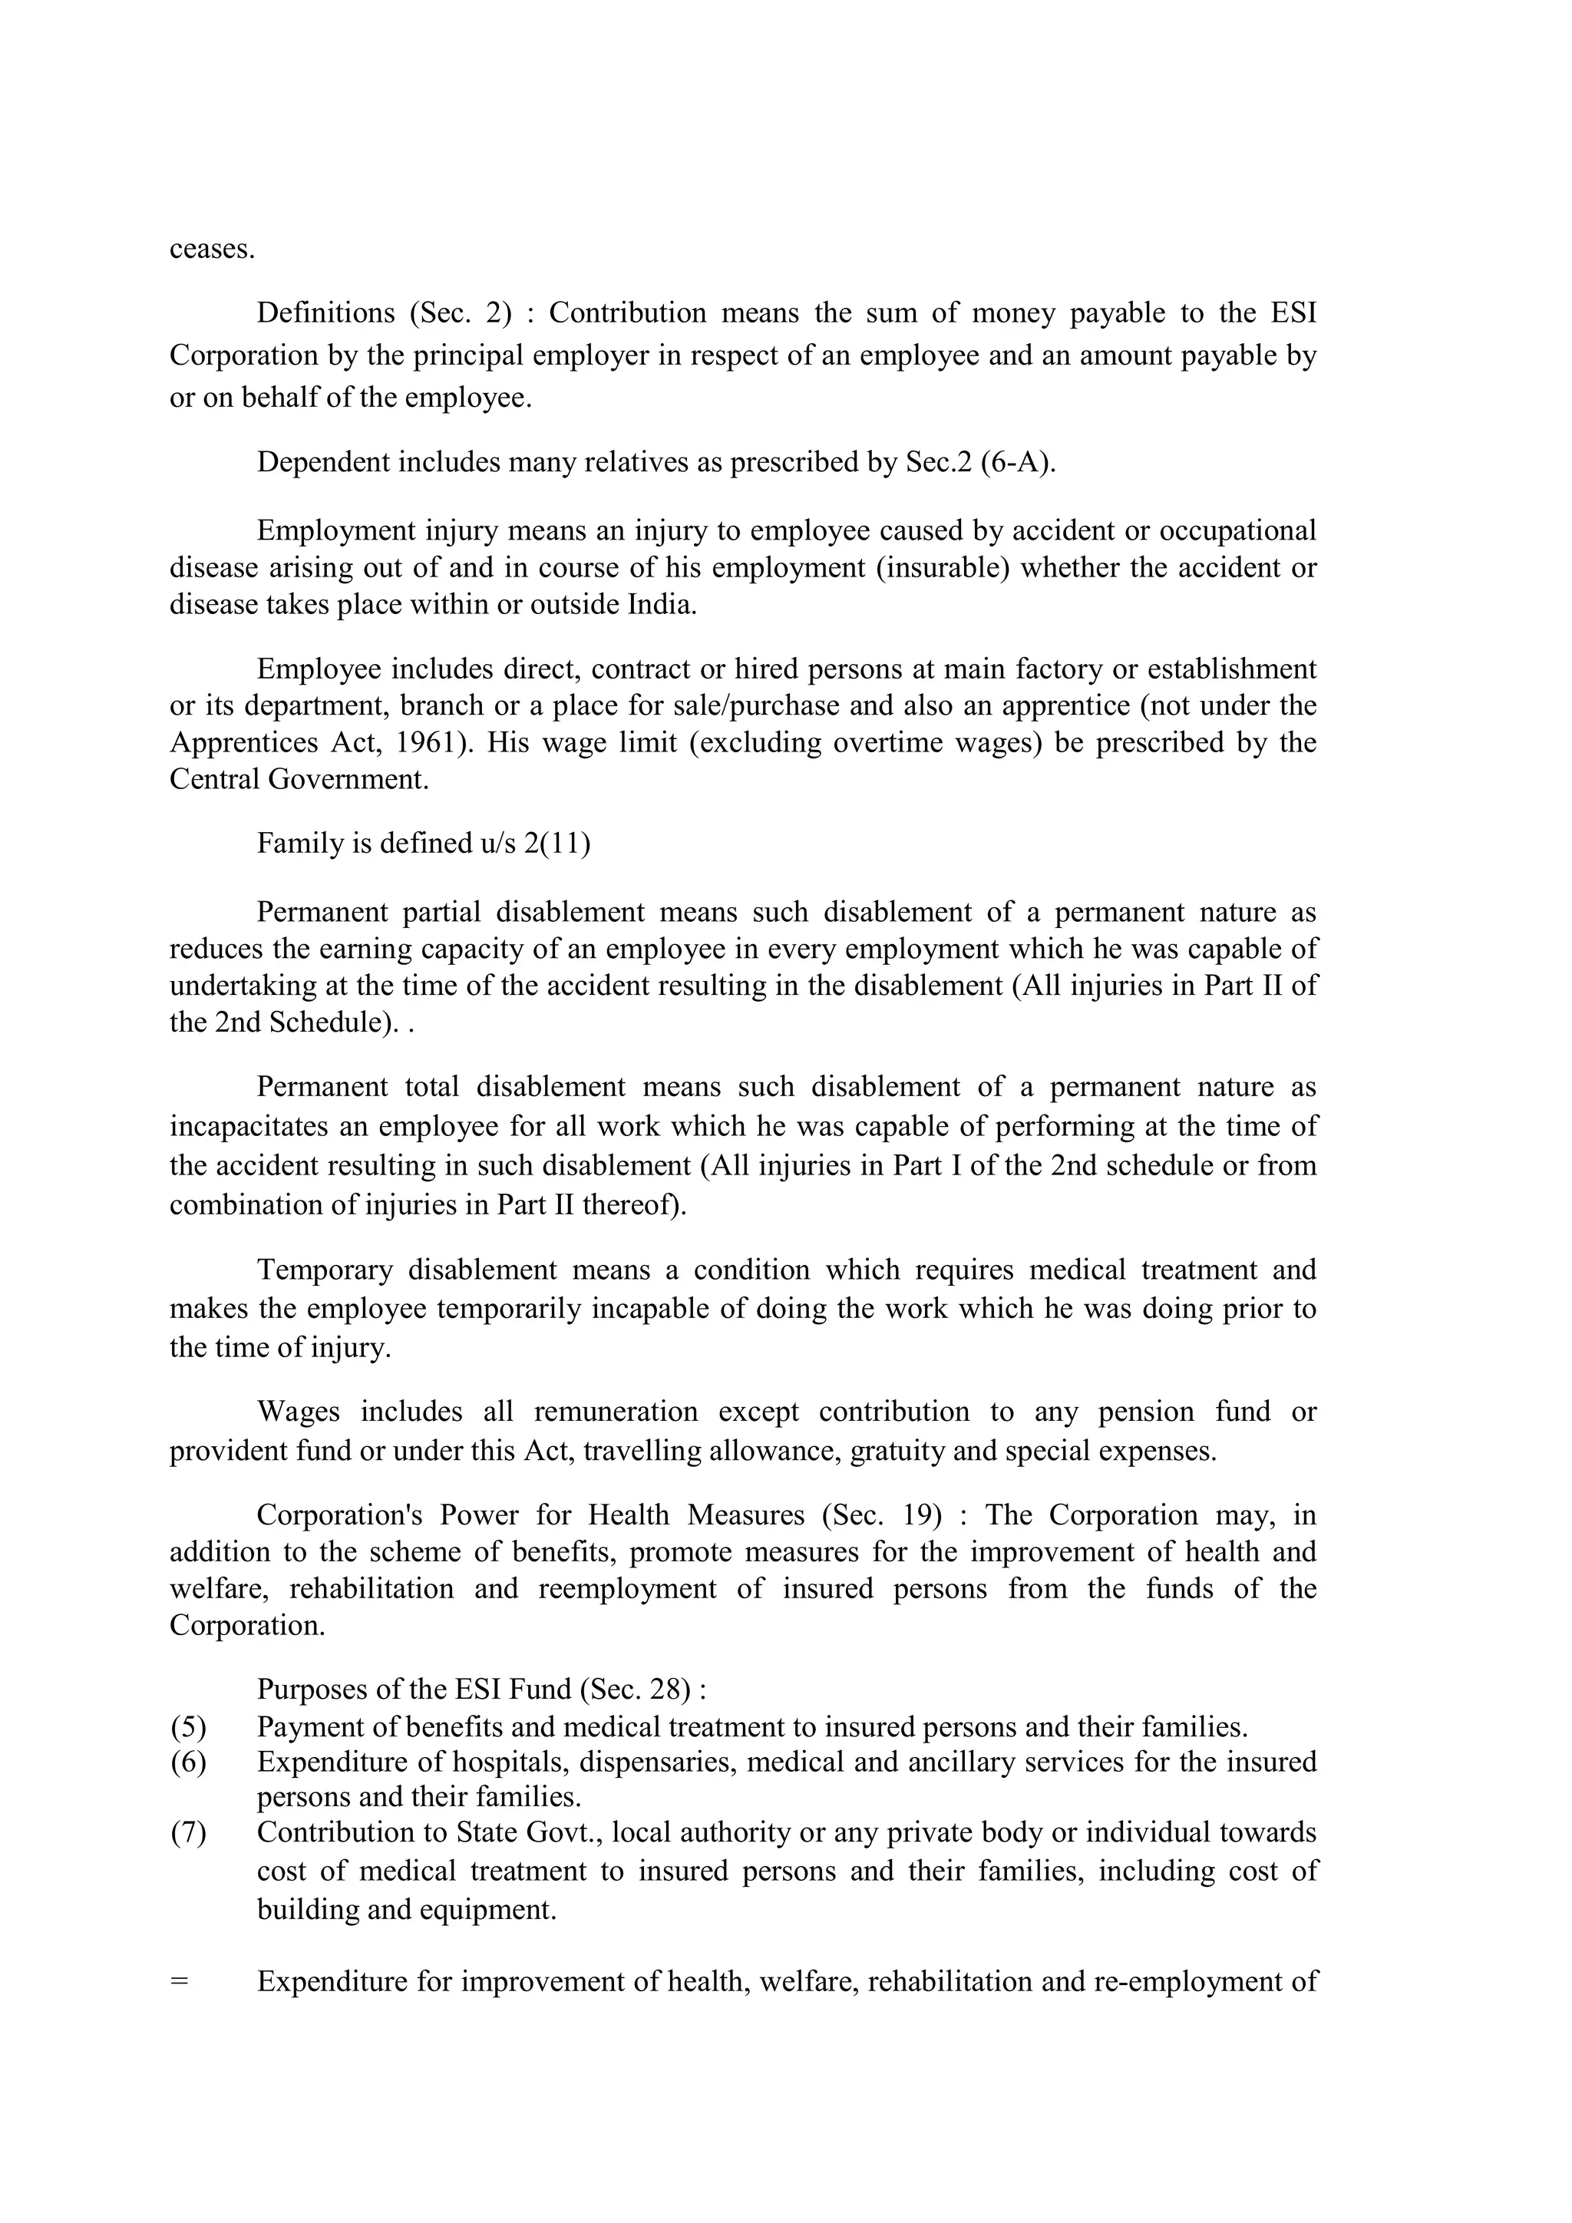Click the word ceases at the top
pyautogui.click(x=212, y=249)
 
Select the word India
pyautogui.click(x=662, y=605)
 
